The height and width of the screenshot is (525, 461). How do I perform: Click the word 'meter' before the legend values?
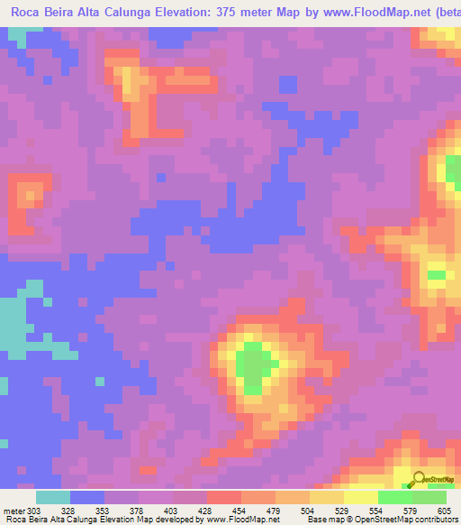tap(14, 511)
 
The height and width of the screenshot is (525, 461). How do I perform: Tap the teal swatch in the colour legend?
tap(53, 497)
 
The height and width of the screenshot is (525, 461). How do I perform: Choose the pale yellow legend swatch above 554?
tap(360, 497)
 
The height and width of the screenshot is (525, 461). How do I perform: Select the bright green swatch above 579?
tap(394, 497)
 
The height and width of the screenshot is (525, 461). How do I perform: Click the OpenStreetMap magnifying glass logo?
tap(419, 478)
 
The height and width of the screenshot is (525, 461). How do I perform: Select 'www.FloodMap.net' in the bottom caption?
tap(255, 520)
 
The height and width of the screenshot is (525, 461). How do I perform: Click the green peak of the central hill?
tap(254, 365)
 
